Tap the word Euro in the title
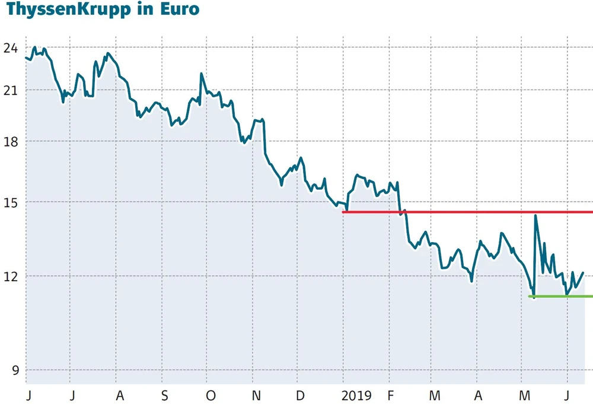point(181,10)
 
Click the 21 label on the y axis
point(11,90)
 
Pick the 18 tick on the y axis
point(11,141)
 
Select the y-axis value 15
point(11,202)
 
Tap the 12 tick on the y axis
point(11,276)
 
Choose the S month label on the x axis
point(164,395)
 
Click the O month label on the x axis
point(210,395)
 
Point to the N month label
point(256,395)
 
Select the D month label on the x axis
point(301,395)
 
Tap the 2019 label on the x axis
point(356,395)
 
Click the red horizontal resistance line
point(468,212)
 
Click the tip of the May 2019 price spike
point(535,216)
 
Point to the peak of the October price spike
point(202,74)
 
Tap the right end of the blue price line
point(584,273)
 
